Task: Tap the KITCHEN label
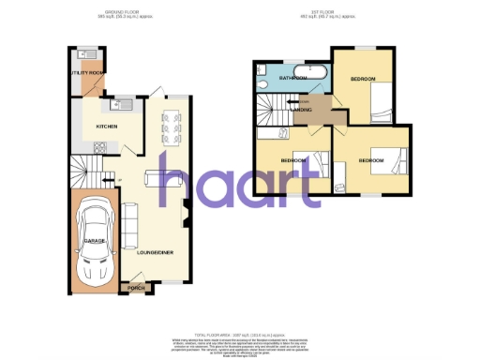click(x=105, y=125)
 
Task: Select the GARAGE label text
click(x=94, y=241)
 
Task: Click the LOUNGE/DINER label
click(x=154, y=251)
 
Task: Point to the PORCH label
click(x=137, y=287)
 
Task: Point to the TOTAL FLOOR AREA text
click(x=239, y=333)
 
